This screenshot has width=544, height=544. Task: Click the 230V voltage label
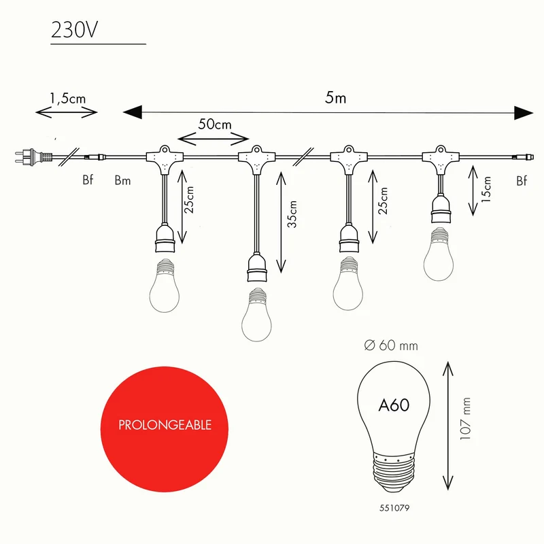(74, 30)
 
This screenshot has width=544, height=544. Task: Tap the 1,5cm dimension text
(67, 99)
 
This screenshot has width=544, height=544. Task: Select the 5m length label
(335, 98)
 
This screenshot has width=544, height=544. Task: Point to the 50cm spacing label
(215, 124)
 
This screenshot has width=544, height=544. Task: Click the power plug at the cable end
(33, 156)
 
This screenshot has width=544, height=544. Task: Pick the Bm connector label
(122, 180)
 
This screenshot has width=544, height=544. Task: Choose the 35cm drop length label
(292, 214)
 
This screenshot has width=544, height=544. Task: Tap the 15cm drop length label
(486, 189)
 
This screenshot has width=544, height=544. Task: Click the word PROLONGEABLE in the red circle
(165, 425)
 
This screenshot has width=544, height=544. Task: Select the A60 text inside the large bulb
(394, 405)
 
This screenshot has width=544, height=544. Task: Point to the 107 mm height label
(465, 419)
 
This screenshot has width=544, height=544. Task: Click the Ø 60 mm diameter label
(391, 345)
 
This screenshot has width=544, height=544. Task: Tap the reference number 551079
(394, 508)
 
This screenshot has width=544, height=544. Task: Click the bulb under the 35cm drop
(257, 315)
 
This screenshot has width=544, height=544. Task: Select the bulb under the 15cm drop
(439, 254)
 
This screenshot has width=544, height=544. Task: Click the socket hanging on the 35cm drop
(257, 268)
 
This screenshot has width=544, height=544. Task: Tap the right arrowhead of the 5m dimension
(524, 113)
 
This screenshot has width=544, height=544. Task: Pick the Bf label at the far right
(522, 181)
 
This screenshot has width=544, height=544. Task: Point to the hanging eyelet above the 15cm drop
(440, 150)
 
